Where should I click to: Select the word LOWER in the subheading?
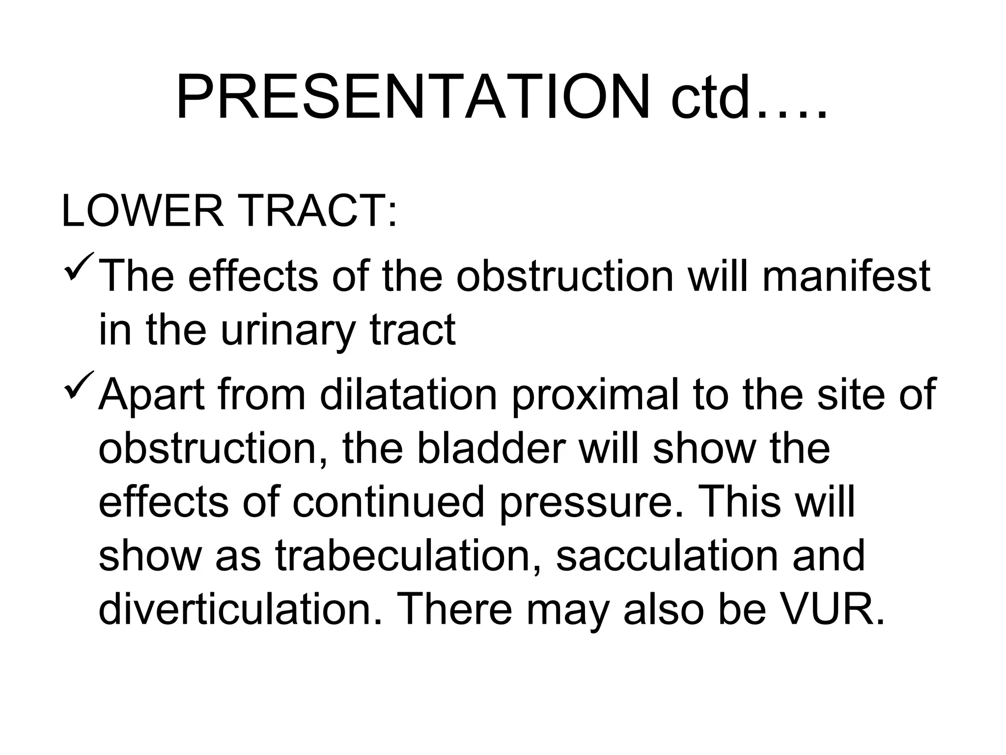point(142,211)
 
